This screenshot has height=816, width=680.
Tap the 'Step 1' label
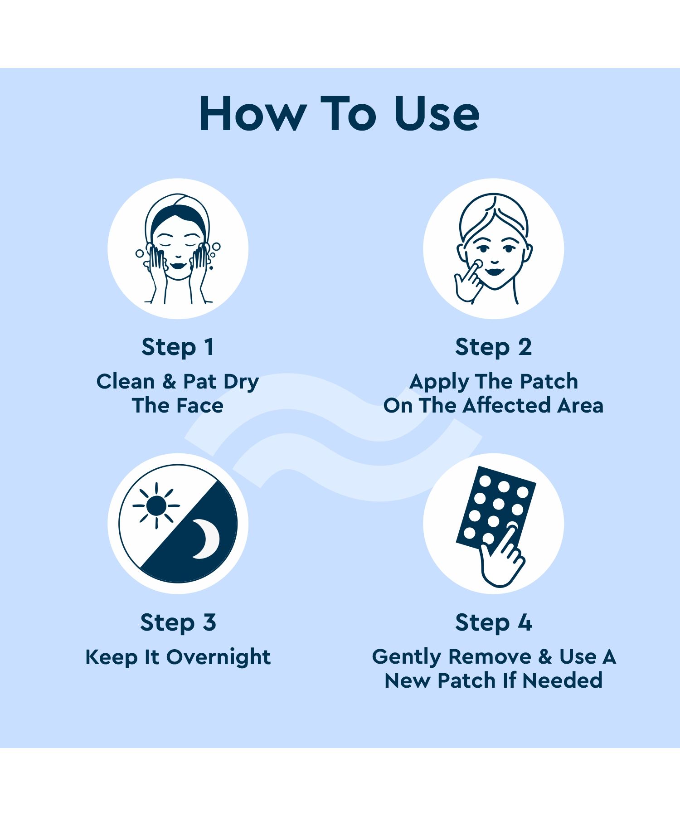click(x=178, y=348)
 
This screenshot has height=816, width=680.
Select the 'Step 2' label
click(x=493, y=348)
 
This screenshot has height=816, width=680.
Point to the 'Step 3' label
click(x=178, y=623)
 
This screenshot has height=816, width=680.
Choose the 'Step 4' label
click(x=493, y=623)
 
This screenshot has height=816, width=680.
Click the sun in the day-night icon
click(x=156, y=505)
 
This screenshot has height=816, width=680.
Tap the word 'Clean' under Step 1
click(x=126, y=381)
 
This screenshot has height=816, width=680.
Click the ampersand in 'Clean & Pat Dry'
click(x=169, y=382)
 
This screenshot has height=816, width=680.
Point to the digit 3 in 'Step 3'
click(x=209, y=622)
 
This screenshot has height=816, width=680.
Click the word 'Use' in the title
click(x=437, y=114)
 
